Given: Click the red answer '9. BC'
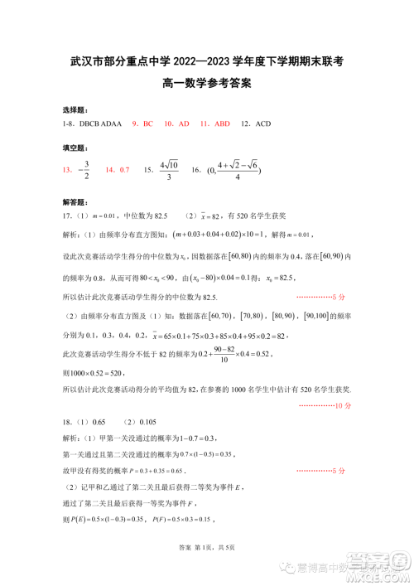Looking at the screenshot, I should click(x=142, y=123).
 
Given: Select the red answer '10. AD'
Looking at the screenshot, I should click(x=177, y=123).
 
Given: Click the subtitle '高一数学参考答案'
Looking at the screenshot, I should click(x=207, y=83).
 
